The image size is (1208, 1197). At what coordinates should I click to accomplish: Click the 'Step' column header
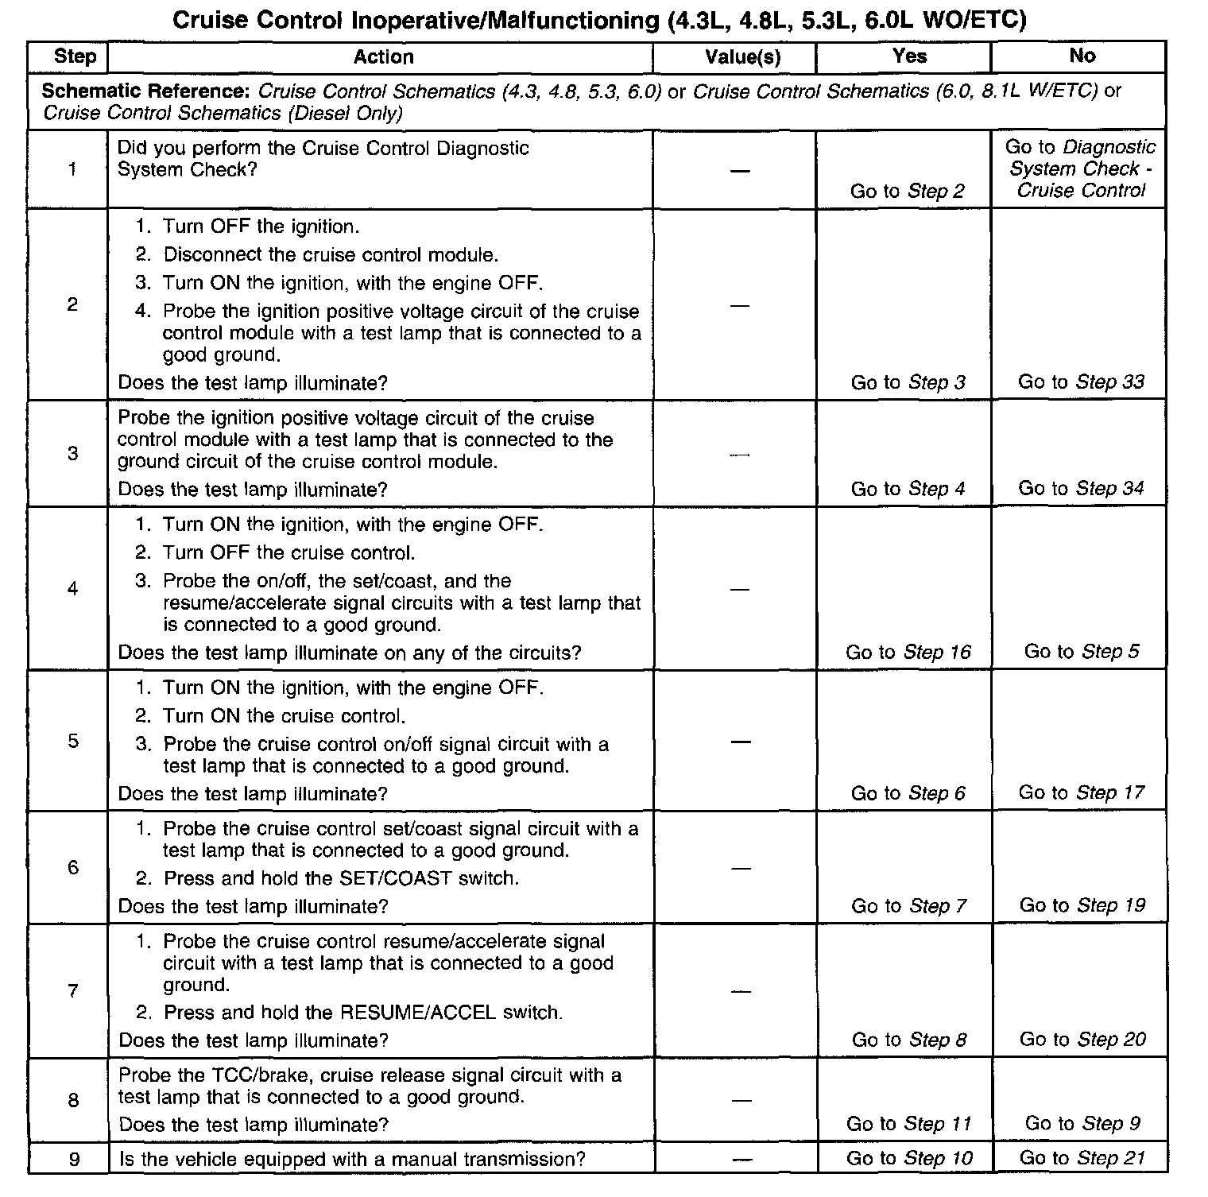click(75, 56)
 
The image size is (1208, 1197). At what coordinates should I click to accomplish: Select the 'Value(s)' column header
click(742, 56)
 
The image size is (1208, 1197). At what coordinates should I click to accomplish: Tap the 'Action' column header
click(383, 56)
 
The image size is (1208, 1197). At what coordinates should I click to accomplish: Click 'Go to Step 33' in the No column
click(1081, 382)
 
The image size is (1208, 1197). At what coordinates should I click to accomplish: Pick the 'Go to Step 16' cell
click(908, 653)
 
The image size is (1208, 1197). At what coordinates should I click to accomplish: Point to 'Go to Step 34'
click(1081, 489)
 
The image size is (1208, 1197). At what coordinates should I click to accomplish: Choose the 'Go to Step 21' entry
click(1082, 1158)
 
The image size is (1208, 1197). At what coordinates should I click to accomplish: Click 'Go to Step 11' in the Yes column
click(908, 1124)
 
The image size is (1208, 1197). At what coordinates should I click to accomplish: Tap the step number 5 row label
click(73, 741)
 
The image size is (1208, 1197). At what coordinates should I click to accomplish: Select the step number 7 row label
click(73, 991)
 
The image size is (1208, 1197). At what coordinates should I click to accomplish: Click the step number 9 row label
click(74, 1159)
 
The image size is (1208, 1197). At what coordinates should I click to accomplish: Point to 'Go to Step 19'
click(1082, 905)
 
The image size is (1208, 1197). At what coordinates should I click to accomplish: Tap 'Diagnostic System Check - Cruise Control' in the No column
click(1081, 169)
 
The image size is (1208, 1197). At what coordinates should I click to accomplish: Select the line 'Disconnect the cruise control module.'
click(331, 255)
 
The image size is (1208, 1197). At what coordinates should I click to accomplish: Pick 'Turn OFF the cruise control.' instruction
click(288, 552)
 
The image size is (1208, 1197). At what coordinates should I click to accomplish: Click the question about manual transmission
click(352, 1159)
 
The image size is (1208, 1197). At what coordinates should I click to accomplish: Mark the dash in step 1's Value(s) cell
click(740, 171)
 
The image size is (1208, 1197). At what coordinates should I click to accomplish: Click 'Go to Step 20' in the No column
click(1082, 1040)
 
